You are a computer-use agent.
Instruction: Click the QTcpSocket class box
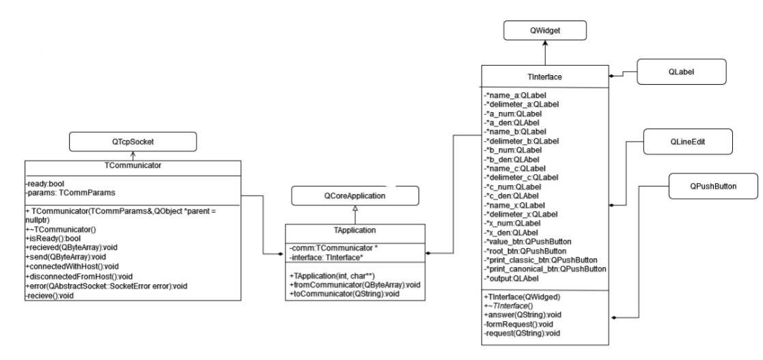point(133,141)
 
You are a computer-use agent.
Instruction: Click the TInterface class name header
point(544,77)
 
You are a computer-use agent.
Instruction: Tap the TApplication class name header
point(354,231)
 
